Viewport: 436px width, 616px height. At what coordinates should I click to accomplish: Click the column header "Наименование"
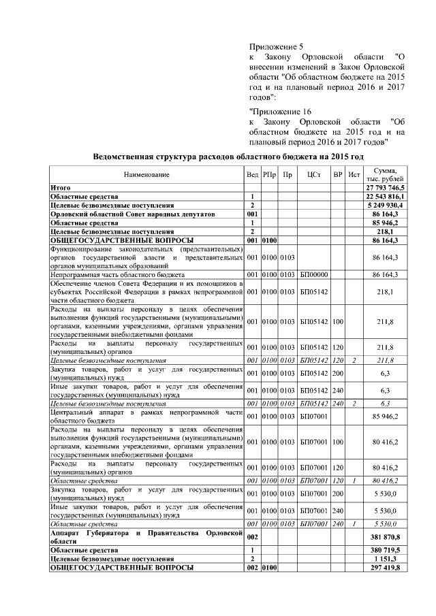point(146,175)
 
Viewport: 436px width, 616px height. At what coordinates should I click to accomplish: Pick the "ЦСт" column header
point(313,175)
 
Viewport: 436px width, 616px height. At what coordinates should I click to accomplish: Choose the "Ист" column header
point(354,175)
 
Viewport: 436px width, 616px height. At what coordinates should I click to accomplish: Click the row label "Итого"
point(61,187)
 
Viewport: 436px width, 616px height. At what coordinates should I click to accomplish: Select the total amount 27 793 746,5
point(386,187)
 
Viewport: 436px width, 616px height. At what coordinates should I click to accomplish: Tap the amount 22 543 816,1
point(386,196)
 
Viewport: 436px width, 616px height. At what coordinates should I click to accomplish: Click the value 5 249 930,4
point(387,205)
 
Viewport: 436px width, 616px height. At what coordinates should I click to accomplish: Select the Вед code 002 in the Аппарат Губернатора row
point(252,537)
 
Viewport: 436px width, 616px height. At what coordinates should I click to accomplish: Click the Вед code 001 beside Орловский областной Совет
point(252,214)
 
